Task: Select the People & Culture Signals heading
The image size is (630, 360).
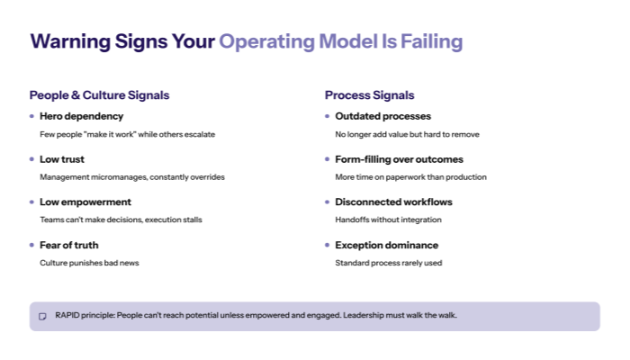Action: coord(99,94)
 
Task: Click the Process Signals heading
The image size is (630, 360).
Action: coord(369,94)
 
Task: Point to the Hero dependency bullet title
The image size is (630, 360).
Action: coord(81,116)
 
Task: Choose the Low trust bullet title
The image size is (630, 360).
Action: coord(63,159)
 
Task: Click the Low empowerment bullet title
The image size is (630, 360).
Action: coord(85,202)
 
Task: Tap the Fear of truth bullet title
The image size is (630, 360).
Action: coord(68,245)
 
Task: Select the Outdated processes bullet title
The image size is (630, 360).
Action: coord(382,116)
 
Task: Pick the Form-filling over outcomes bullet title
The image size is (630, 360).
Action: coord(399,159)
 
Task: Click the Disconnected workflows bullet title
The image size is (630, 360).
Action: coord(393,202)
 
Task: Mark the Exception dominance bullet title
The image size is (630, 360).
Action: coord(386,245)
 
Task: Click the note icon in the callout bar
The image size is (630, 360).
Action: coord(42,317)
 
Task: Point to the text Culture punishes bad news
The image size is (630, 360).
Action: coord(89,263)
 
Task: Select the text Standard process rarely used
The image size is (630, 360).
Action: coord(388,263)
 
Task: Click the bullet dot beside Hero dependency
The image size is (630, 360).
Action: coord(31,116)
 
